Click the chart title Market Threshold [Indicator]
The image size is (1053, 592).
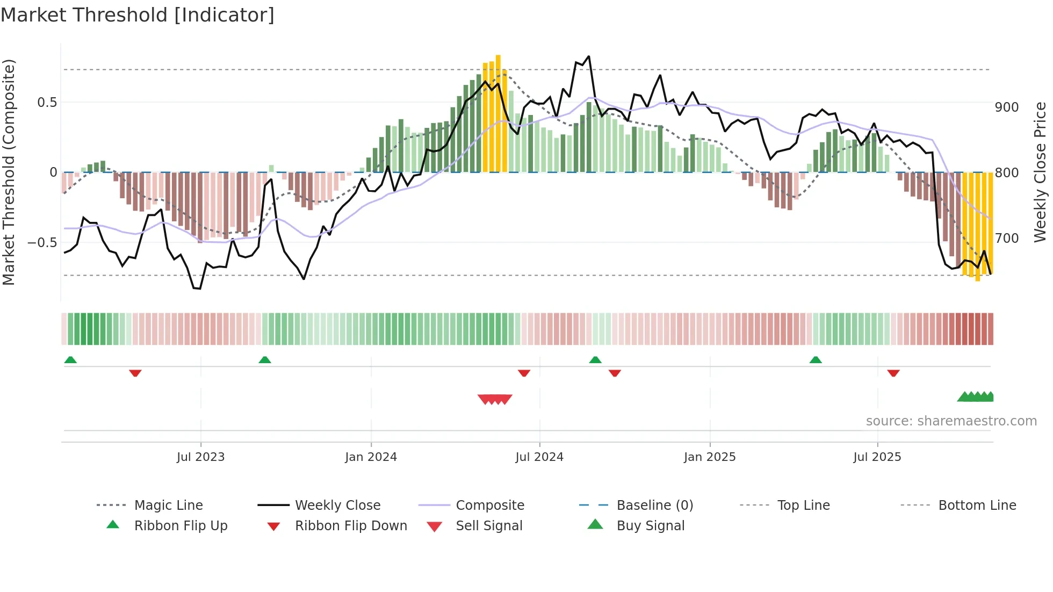click(138, 15)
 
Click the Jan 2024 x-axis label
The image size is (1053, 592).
click(371, 457)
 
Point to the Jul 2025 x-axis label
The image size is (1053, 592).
click(877, 457)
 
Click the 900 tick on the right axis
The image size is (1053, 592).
click(1006, 107)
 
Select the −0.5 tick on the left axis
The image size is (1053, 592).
click(42, 242)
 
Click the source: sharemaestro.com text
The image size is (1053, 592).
click(951, 421)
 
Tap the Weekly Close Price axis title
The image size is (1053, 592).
click(1040, 172)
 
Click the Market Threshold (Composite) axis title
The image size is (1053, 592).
click(9, 172)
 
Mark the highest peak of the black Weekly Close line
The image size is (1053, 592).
click(589, 56)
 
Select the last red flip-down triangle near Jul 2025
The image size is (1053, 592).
click(893, 373)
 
